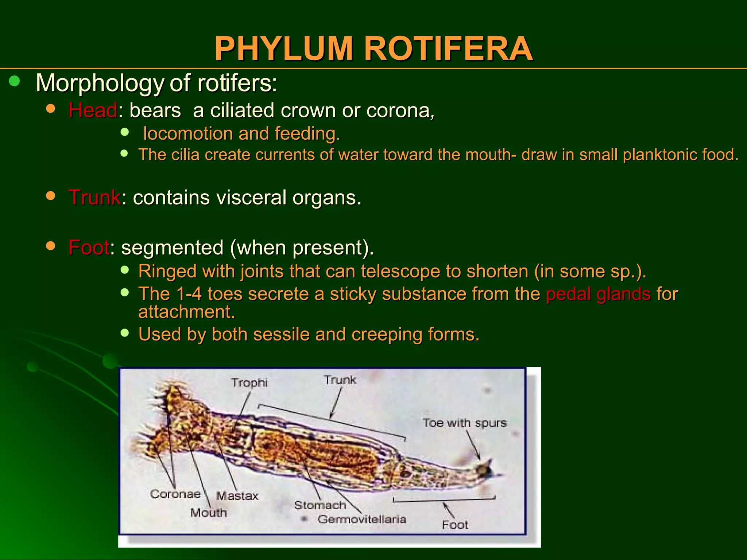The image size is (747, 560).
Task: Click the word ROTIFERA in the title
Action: coord(449,48)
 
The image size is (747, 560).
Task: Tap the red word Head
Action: coord(93,110)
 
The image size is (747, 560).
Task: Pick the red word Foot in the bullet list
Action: coord(89,248)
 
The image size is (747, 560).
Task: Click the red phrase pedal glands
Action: coord(598,294)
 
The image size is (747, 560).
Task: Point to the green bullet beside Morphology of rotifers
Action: coord(15,81)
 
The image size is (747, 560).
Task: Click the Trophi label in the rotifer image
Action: coord(249,382)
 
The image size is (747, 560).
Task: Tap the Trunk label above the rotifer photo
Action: coord(340,380)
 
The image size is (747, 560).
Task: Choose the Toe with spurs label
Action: coord(464,423)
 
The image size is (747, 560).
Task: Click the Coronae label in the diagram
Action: coord(175,494)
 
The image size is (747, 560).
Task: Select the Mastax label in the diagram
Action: coord(237,496)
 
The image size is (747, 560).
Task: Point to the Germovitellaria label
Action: coord(362,519)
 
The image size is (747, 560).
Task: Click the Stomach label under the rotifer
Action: coord(320,505)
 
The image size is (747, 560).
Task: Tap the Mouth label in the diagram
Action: coord(209,513)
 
